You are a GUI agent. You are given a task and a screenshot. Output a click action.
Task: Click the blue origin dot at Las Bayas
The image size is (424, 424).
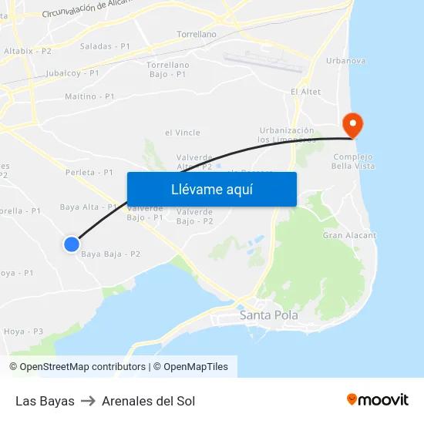coord(71,244)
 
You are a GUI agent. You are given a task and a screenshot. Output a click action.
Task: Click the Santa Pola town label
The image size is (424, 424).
coord(268,315)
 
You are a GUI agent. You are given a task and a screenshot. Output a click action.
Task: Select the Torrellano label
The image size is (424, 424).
coord(197,35)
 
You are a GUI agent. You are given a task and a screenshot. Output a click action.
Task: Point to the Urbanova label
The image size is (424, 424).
coord(346,60)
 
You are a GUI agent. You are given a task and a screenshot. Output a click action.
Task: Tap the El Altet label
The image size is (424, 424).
coord(305,92)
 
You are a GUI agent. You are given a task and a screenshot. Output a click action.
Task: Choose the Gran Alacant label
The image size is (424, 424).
coord(349,235)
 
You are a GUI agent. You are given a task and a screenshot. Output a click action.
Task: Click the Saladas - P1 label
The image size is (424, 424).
coord(105,46)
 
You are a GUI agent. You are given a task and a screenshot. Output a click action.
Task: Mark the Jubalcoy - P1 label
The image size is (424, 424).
coord(73,72)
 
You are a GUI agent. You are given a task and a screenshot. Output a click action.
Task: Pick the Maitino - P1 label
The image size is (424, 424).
coord(90,96)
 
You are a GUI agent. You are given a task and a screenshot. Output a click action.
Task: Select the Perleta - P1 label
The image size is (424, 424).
coord(90,173)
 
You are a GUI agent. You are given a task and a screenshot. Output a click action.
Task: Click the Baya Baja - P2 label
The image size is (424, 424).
coord(110,254)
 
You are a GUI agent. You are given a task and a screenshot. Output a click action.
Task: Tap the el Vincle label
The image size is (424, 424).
coord(183,133)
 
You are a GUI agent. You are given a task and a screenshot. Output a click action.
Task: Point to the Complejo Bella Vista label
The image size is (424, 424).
coord(353,160)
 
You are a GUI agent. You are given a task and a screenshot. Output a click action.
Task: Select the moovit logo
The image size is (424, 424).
coord(378,399)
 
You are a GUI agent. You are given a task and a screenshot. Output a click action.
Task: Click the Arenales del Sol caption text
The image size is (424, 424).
coord(148,401)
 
